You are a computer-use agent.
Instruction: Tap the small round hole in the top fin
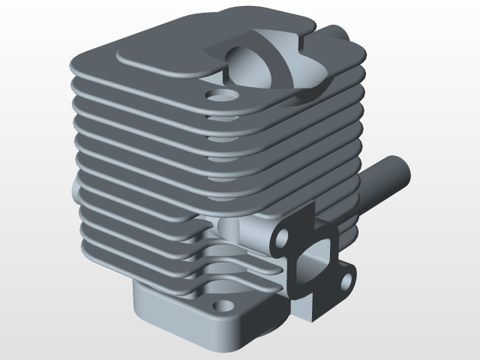220,96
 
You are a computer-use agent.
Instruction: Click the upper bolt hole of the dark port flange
283,238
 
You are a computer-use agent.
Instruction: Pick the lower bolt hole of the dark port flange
346,280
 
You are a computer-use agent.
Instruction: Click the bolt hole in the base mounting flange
222,306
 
